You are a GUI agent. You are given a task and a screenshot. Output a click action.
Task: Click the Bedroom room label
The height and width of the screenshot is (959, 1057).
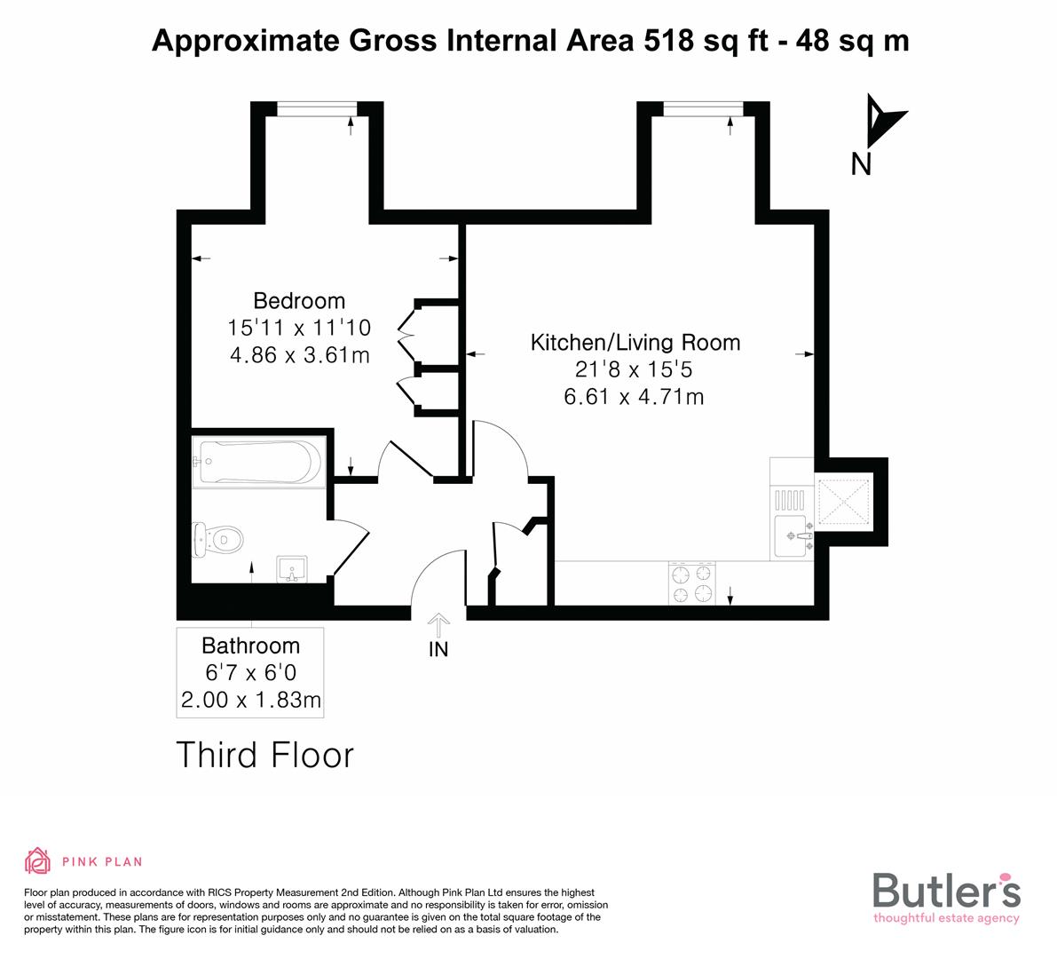[x=299, y=300]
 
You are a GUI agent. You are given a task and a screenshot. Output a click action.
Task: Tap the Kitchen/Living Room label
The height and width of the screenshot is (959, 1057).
[x=635, y=343]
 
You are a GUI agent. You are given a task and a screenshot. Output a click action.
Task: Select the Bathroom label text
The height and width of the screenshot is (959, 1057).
[x=250, y=646]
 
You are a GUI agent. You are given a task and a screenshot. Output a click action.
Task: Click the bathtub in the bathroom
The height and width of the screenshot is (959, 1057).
[x=257, y=462]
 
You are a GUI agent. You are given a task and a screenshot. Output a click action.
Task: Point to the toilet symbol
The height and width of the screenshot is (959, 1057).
[x=218, y=539]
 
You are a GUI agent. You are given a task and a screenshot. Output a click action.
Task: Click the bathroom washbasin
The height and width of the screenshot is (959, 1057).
[x=291, y=568]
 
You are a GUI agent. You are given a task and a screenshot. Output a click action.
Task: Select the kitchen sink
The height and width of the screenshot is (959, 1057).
[x=792, y=536]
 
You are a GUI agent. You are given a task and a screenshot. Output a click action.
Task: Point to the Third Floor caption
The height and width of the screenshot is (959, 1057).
[x=265, y=755]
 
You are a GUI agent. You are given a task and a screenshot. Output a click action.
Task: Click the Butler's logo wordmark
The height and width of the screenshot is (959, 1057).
[x=946, y=890]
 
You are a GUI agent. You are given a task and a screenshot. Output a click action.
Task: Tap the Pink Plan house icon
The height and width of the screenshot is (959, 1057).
[x=38, y=860]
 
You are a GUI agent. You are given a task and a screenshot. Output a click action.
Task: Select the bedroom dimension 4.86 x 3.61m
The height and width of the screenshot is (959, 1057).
[x=299, y=355]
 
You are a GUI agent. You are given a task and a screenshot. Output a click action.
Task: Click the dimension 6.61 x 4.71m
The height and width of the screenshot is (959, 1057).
[x=634, y=397]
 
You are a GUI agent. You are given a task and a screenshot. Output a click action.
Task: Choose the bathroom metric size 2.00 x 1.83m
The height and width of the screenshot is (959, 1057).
[x=250, y=701]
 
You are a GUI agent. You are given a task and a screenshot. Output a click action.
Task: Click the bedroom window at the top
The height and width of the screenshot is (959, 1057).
[x=317, y=108]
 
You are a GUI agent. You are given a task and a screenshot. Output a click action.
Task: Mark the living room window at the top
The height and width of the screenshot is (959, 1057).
[x=703, y=108]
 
